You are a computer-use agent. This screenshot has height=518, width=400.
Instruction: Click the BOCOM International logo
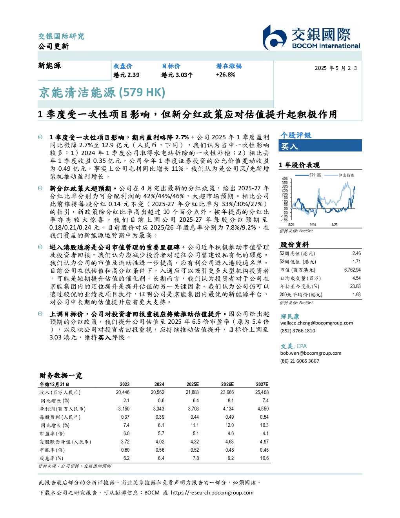point(311,37)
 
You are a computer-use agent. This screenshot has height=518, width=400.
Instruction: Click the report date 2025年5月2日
point(336,68)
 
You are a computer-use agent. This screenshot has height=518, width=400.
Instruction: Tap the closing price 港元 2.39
point(126,75)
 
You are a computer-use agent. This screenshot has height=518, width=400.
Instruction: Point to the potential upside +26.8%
point(225,75)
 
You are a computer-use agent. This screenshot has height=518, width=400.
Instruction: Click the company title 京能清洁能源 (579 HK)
point(102,93)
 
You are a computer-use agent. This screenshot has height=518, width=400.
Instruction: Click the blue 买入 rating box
point(320,146)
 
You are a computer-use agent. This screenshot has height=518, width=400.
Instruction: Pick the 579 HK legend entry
point(308,175)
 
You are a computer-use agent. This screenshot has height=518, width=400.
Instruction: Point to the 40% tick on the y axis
point(285,179)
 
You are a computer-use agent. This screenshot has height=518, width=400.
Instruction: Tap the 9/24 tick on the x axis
point(313,224)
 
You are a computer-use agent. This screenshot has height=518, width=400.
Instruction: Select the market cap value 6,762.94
point(352,270)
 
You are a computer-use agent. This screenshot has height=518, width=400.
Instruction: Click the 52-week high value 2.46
point(356,254)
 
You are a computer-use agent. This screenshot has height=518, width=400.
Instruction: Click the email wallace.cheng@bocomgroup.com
point(316,323)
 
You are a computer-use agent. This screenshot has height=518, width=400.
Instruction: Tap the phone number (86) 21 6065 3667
point(300,361)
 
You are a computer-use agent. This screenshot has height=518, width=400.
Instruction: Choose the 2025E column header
point(193,385)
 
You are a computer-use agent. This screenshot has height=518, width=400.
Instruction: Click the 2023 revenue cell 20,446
point(123,392)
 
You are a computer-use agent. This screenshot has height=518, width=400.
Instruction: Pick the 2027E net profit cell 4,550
point(263,409)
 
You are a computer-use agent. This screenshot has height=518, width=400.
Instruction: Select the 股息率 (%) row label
point(51,458)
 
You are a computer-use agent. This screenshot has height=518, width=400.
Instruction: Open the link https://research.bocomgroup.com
point(212,493)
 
